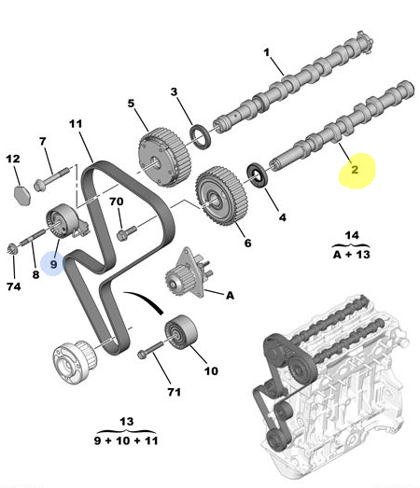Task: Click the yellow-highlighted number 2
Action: [x=355, y=170]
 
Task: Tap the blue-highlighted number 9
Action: [x=54, y=264]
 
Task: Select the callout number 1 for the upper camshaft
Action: [x=267, y=52]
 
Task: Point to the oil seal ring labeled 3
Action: [x=200, y=136]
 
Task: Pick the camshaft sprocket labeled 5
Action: [x=164, y=157]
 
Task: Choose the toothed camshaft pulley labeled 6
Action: [x=222, y=196]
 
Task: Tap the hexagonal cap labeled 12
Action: [x=22, y=195]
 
